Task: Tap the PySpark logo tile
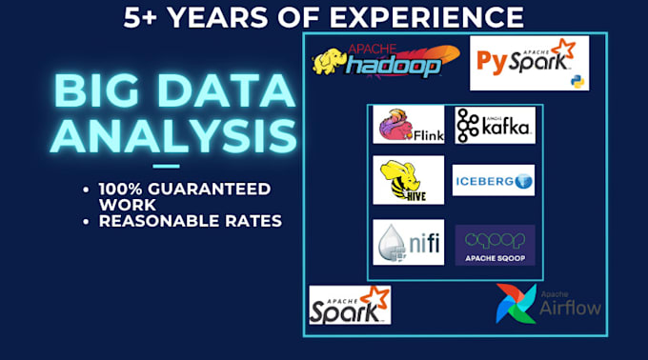click(x=529, y=63)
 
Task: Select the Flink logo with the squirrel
click(x=408, y=125)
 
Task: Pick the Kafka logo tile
click(x=494, y=125)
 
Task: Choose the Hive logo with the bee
click(x=408, y=181)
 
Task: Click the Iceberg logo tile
click(x=493, y=180)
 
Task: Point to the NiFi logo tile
click(x=408, y=242)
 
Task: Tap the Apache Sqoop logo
click(x=495, y=245)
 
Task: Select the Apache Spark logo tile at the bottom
click(x=350, y=304)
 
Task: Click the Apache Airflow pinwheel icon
click(x=515, y=303)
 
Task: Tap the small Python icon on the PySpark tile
click(x=577, y=81)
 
